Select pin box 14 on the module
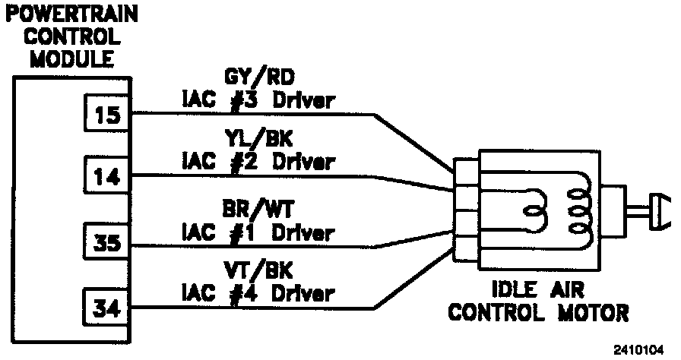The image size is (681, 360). pos(106,176)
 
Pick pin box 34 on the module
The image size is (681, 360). pos(106,308)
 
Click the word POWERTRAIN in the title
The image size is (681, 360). pos(62,14)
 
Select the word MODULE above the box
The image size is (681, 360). pos(62,58)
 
